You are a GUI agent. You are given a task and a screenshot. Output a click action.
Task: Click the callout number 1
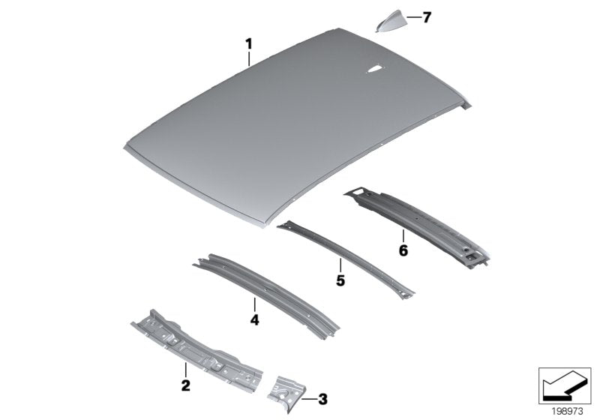[x=249, y=44]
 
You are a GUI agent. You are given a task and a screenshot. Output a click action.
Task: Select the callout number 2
[x=185, y=386]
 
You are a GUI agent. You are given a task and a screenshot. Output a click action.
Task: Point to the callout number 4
[x=254, y=319]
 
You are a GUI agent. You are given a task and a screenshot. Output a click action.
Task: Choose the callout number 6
[x=403, y=250]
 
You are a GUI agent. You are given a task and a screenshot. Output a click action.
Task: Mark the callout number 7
[x=427, y=17]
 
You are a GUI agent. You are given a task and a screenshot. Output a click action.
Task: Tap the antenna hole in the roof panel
[x=373, y=70]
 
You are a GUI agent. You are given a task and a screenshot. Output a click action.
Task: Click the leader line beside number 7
[x=412, y=16]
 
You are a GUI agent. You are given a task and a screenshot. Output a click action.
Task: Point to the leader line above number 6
[x=403, y=236]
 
